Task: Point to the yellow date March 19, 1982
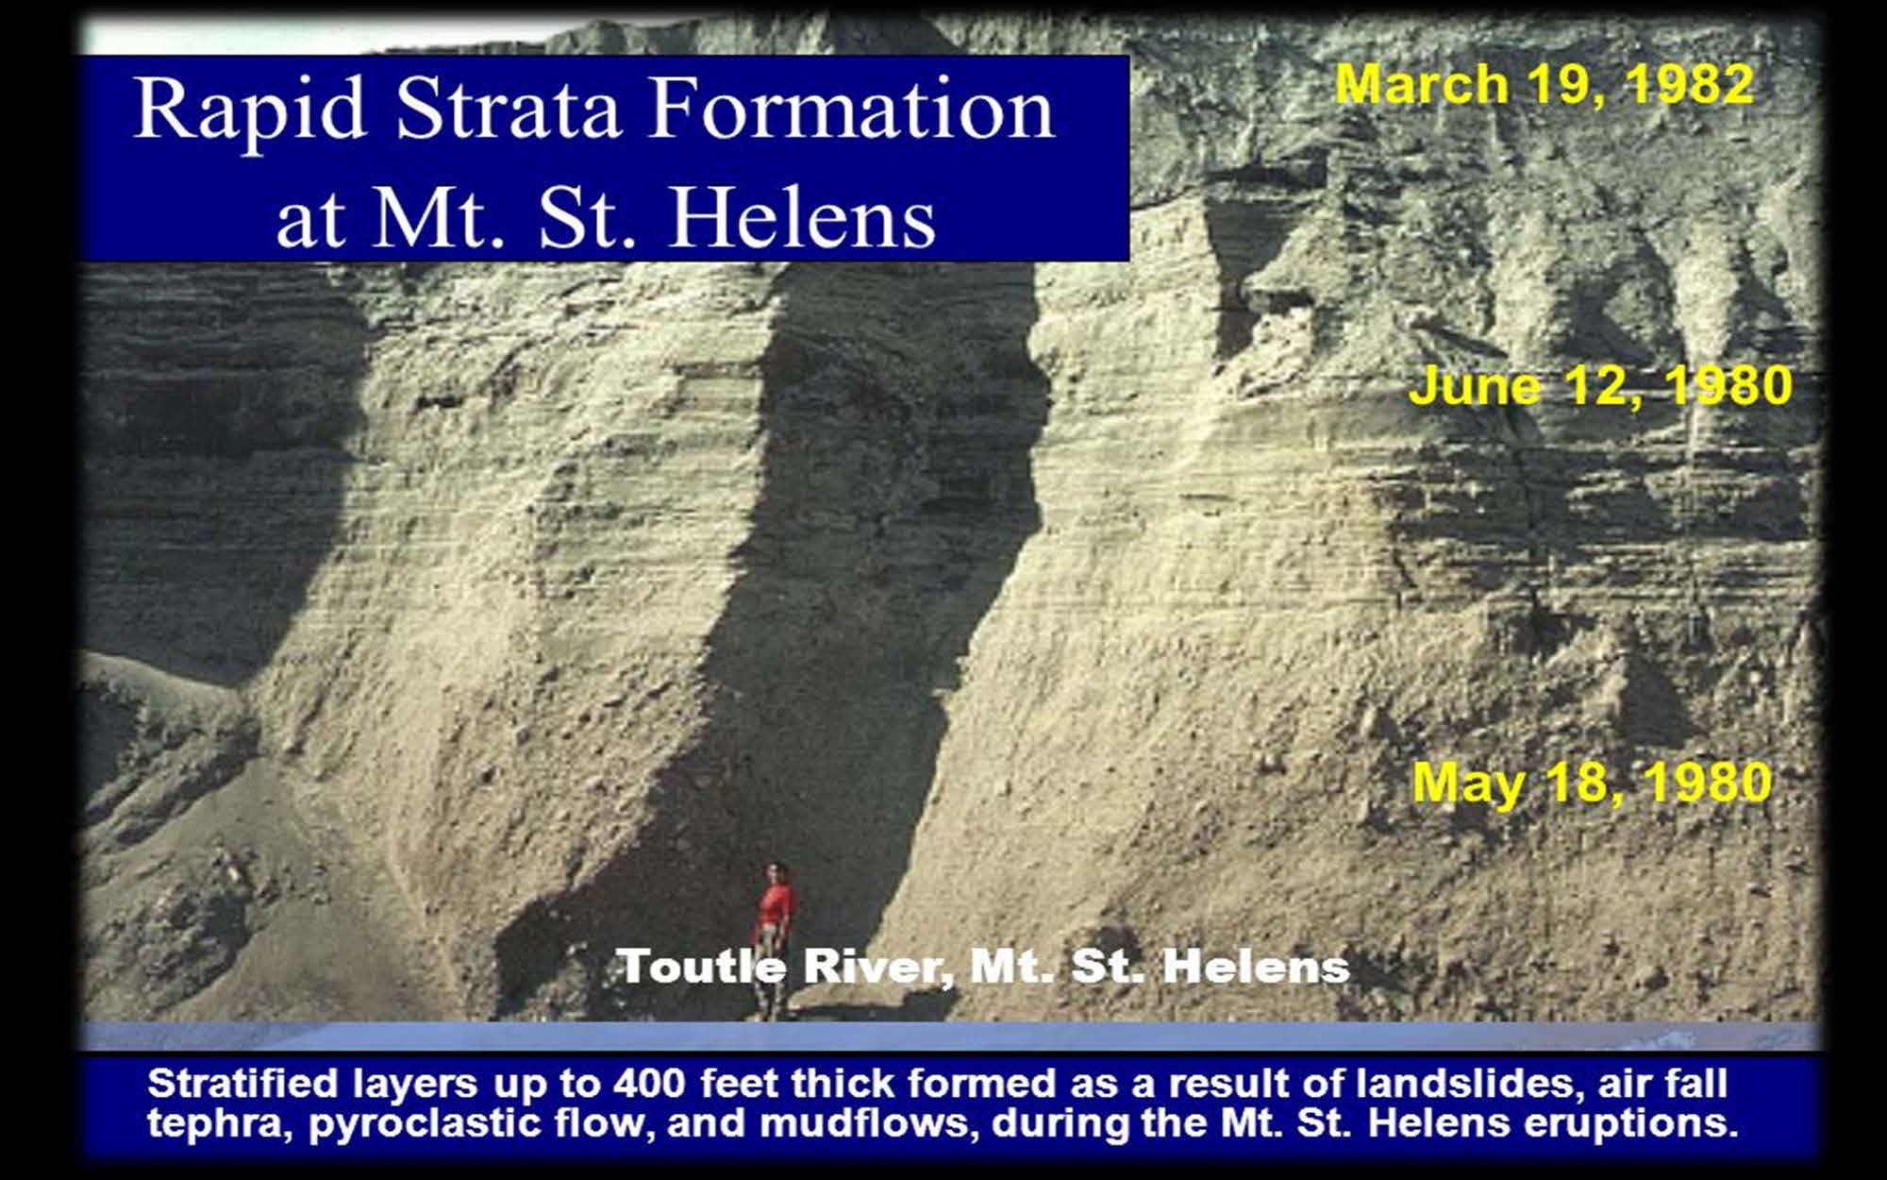(1545, 85)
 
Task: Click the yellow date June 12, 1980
(1600, 387)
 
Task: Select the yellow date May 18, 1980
(1593, 784)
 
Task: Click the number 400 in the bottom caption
(648, 1084)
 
